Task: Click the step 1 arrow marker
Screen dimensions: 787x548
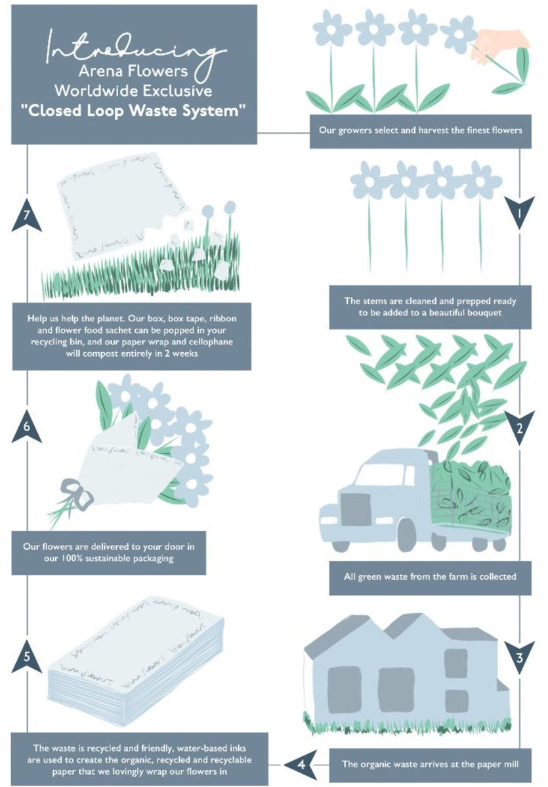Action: pyautogui.click(x=520, y=212)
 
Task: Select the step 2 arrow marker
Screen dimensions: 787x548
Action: pyautogui.click(x=520, y=430)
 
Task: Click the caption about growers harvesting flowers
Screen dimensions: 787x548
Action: pyautogui.click(x=420, y=131)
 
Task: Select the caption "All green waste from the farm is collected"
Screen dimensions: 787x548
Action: pyautogui.click(x=431, y=577)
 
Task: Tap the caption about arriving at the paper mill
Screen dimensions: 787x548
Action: pyautogui.click(x=431, y=763)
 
